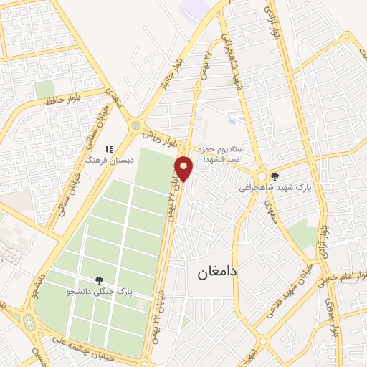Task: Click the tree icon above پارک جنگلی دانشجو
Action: point(99,280)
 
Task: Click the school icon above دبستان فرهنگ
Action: point(109,149)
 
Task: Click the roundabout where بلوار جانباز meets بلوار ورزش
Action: point(136,126)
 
